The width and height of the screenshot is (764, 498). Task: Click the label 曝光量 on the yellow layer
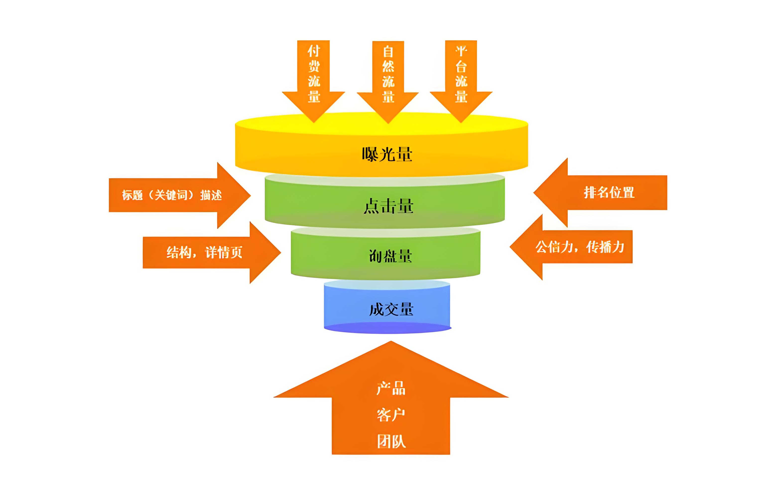(387, 154)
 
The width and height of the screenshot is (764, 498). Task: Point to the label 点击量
(388, 206)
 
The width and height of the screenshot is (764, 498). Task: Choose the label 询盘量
(390, 256)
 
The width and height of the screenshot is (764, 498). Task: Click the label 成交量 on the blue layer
(391, 309)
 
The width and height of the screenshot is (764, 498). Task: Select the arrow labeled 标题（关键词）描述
(172, 195)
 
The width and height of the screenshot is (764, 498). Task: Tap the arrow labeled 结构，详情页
(204, 252)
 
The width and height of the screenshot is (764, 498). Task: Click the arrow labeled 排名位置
(609, 193)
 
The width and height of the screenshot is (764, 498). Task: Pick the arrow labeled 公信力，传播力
(580, 247)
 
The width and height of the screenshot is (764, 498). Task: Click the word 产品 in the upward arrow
(391, 388)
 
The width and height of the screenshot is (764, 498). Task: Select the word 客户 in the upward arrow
(391, 415)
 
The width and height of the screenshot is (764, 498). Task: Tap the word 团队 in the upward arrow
(391, 441)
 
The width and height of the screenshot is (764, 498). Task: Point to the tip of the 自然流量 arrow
(388, 122)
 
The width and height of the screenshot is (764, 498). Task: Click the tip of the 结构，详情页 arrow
(280, 252)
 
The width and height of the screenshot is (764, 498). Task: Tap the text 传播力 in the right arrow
(605, 247)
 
